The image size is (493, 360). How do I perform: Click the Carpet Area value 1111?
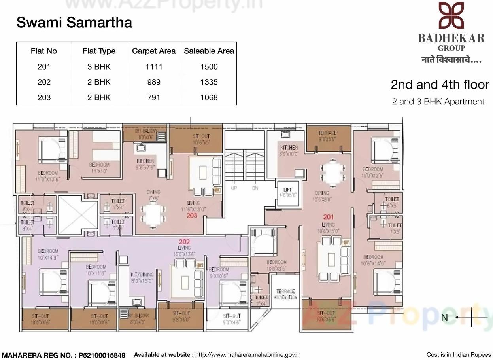[x=154, y=67]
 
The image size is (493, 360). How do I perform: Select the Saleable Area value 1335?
[x=209, y=82]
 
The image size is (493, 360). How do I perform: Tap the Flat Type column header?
[x=99, y=51]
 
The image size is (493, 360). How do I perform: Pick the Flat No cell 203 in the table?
[x=44, y=97]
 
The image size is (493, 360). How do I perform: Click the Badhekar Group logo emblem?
[x=451, y=16]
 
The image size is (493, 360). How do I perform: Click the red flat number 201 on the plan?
[x=328, y=217]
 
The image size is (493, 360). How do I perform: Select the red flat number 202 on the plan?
[x=184, y=242]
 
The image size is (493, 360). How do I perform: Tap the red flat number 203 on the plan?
[x=192, y=216]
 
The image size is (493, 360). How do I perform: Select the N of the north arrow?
[x=444, y=318]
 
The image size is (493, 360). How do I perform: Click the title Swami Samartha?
[x=74, y=23]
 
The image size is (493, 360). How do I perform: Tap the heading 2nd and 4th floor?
[x=440, y=84]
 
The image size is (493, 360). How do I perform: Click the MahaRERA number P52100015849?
[x=102, y=355]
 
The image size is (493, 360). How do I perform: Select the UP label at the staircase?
[x=234, y=188]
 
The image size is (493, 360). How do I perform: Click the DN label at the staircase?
[x=255, y=188]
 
